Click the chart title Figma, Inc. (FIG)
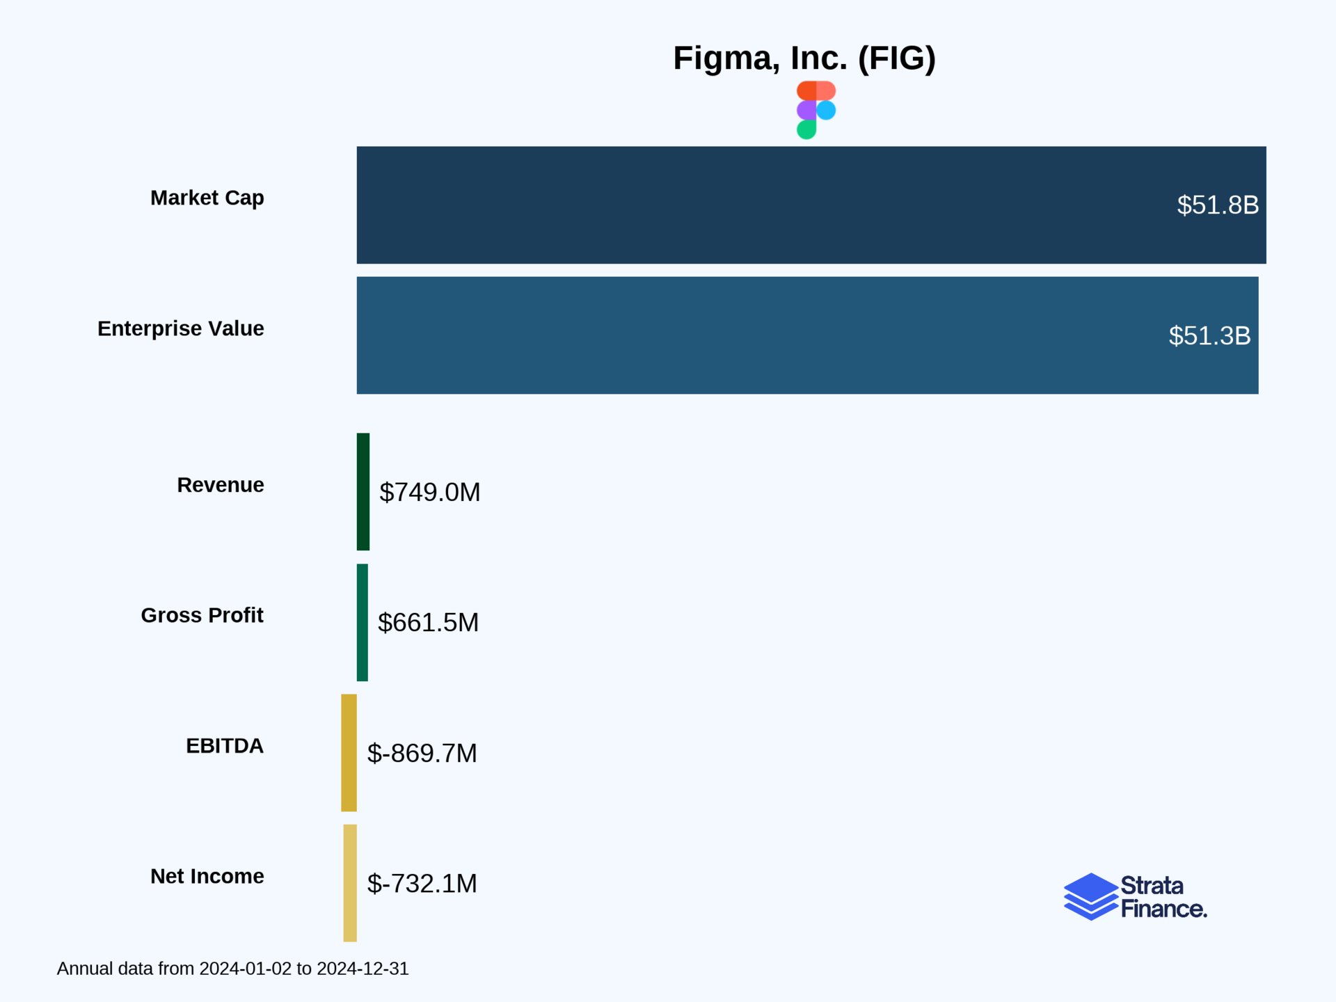pyautogui.click(x=804, y=58)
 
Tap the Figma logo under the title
pyautogui.click(x=816, y=110)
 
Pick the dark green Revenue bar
pyautogui.click(x=363, y=492)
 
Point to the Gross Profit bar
pyautogui.click(x=363, y=622)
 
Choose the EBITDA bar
pyautogui.click(x=349, y=752)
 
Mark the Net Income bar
pyautogui.click(x=350, y=883)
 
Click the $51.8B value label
pyautogui.click(x=1218, y=205)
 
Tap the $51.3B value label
pyautogui.click(x=1209, y=336)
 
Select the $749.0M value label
pyautogui.click(x=429, y=493)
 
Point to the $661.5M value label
pyautogui.click(x=428, y=623)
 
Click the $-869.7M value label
pyautogui.click(x=422, y=754)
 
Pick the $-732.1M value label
pyautogui.click(x=422, y=884)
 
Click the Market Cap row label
pyautogui.click(x=207, y=198)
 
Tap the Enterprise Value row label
pyautogui.click(x=180, y=328)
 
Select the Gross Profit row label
pyautogui.click(x=202, y=616)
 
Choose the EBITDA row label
pyautogui.click(x=224, y=746)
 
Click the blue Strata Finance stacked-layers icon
pyautogui.click(x=1090, y=896)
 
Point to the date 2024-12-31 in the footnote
pyautogui.click(x=363, y=969)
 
